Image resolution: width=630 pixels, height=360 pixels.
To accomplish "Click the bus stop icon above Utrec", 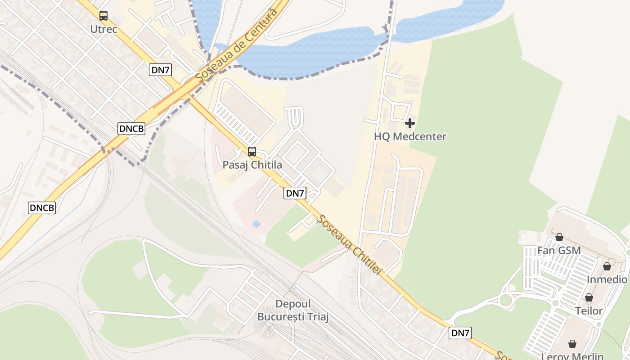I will tap(103, 16).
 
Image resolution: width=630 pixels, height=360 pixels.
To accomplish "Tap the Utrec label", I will tap(103, 29).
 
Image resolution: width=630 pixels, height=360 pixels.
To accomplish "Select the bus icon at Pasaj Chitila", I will tap(252, 152).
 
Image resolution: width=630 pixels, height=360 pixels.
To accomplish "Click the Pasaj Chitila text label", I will tap(252, 165).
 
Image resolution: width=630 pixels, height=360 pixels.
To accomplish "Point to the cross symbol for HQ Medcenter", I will tap(410, 123).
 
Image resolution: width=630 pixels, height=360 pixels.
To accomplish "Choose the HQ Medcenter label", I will tap(410, 136).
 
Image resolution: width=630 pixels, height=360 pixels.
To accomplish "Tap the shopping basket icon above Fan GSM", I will tap(559, 237).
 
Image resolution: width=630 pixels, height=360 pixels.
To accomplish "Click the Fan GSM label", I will tap(559, 250).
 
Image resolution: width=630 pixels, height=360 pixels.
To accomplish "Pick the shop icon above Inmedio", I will tap(607, 266).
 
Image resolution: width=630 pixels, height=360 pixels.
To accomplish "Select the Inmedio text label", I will tap(607, 279).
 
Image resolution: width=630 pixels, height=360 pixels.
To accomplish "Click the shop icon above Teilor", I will tap(589, 297).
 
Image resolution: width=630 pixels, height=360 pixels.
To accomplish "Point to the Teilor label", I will tap(589, 311).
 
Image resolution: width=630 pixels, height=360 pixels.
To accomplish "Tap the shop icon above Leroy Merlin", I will tap(572, 344).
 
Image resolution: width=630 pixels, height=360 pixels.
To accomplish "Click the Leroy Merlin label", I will tap(572, 356).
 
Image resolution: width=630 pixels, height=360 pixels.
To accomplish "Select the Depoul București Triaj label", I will tap(293, 310).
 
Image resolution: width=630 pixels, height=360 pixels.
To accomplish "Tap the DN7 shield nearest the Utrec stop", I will tap(161, 70).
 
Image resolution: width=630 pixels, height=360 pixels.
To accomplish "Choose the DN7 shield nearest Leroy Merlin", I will tap(460, 333).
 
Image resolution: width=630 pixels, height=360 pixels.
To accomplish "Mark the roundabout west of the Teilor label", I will tap(506, 300).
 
